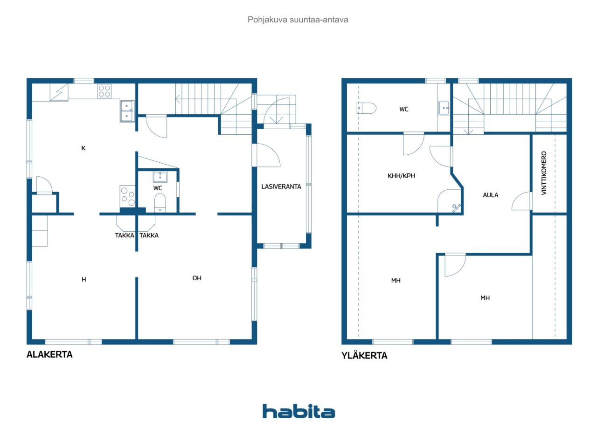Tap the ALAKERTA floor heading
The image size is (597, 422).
coord(49,354)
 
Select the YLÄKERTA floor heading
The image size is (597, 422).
coord(364,355)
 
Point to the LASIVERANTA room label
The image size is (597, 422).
coord(281,187)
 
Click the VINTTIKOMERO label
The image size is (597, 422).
coord(544,173)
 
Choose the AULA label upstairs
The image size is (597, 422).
coord(490,195)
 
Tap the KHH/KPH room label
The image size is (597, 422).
coord(401,176)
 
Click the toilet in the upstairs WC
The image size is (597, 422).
coord(367,108)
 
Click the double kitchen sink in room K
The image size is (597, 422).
coord(127,111)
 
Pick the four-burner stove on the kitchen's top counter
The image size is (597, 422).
coord(104,91)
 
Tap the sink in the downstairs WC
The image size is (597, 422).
coord(160,177)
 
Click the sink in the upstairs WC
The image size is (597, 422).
coord(444,108)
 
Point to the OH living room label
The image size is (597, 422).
coord(197,278)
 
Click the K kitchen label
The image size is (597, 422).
coord(83,148)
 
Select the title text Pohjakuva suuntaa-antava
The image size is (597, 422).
coord(298,20)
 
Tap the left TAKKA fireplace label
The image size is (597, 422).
coord(125,235)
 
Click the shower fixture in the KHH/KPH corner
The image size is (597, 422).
coord(456,208)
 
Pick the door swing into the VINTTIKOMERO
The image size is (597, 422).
coord(521,201)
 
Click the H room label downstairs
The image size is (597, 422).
coord(83,279)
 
